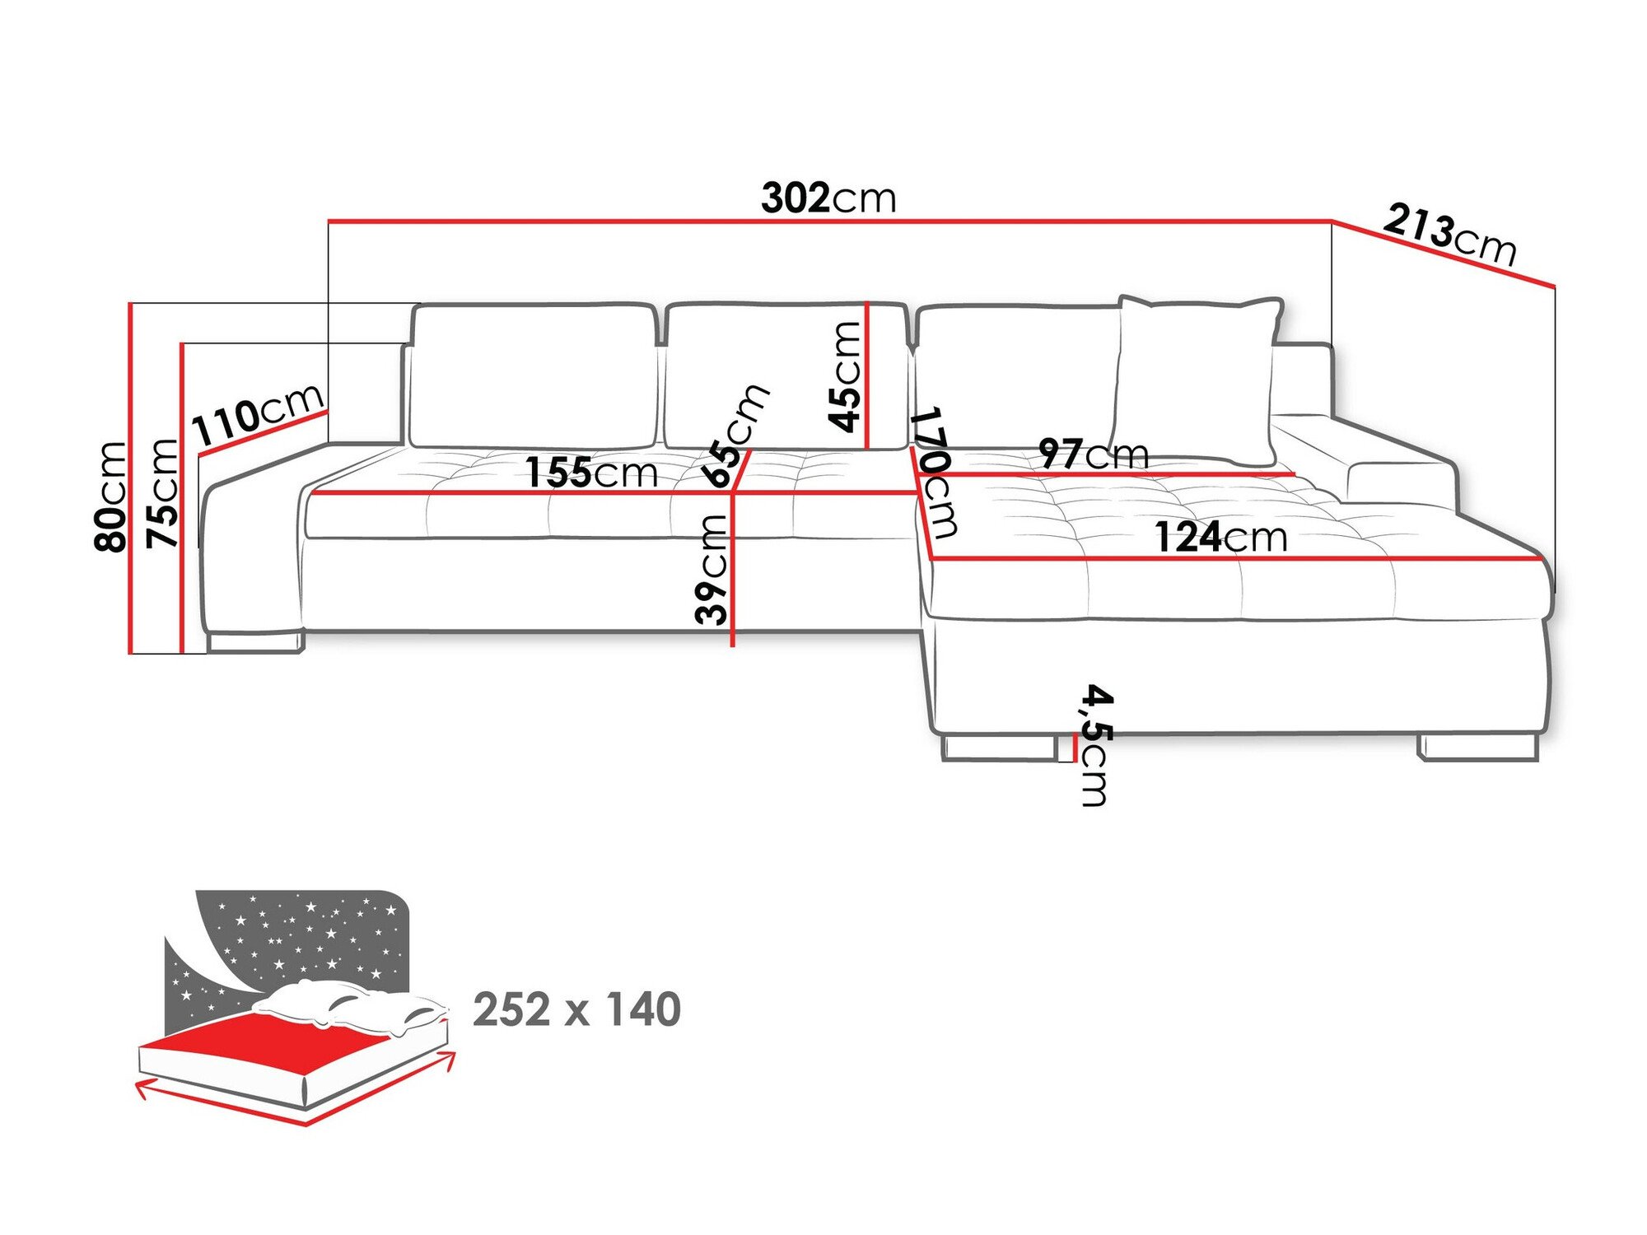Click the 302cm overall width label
[x=828, y=198]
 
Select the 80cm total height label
[x=110, y=496]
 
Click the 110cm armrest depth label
[x=257, y=413]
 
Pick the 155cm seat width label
[x=590, y=473]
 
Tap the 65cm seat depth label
[x=735, y=436]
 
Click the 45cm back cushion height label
[x=845, y=376]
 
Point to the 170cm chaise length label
[x=935, y=473]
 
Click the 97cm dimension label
[x=1093, y=454]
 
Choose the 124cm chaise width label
[x=1220, y=538]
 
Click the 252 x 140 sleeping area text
[x=576, y=1009]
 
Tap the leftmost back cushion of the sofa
[x=534, y=376]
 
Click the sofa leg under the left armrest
[x=255, y=641]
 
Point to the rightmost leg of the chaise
[x=1477, y=747]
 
